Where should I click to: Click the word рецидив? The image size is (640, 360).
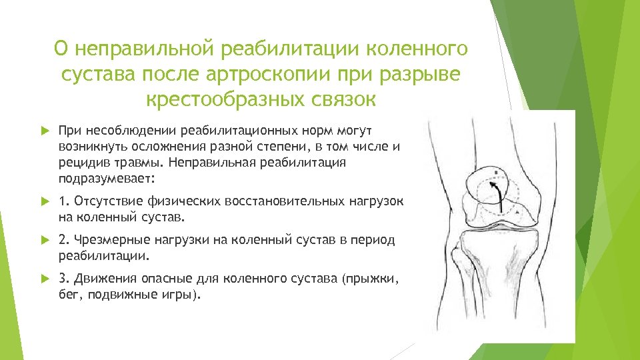[80, 162]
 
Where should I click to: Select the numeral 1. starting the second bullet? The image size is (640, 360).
[63, 201]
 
